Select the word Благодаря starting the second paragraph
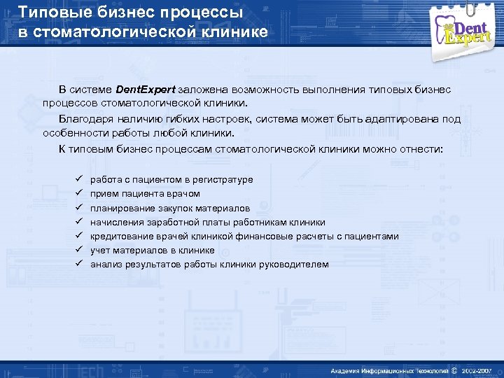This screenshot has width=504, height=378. coord(83,119)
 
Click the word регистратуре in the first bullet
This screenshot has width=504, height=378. coord(222,180)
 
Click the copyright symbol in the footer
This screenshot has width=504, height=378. coord(455,370)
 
